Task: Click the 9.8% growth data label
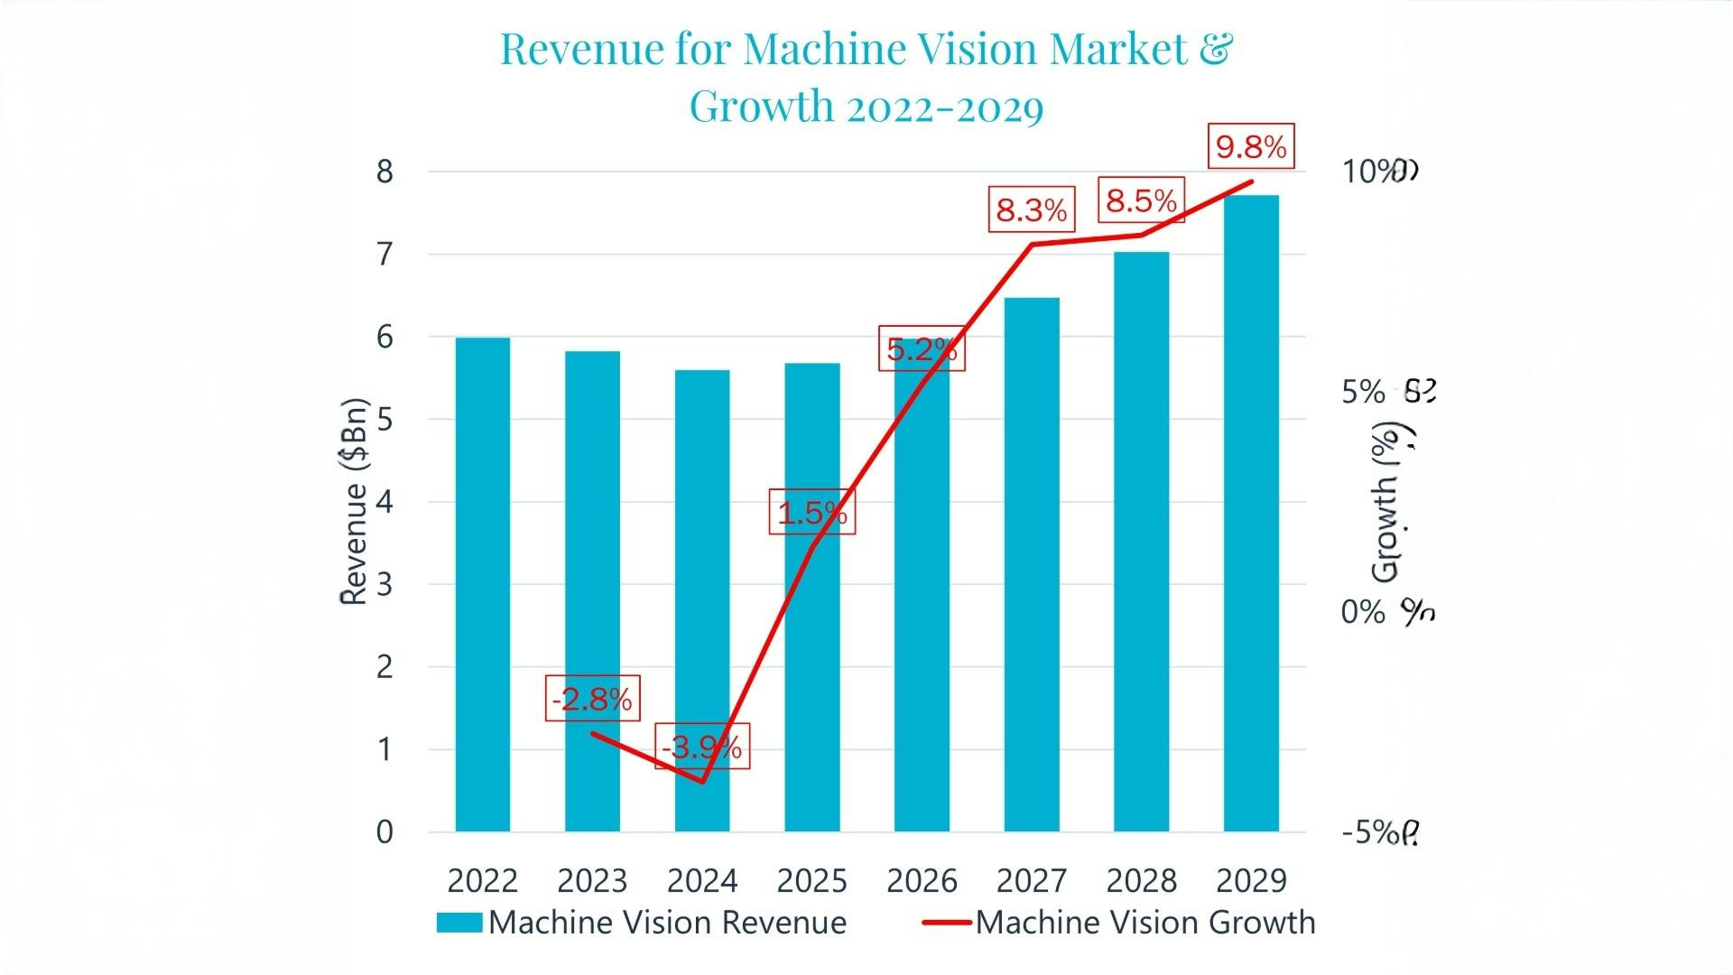click(x=1251, y=146)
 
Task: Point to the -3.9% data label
click(x=702, y=747)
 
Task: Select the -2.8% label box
click(x=593, y=699)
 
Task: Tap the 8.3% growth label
click(x=1032, y=210)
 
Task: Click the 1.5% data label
click(x=812, y=513)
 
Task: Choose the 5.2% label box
click(x=922, y=348)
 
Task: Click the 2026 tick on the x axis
click(x=922, y=880)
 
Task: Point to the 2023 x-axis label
click(x=592, y=880)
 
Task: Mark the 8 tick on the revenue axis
click(x=385, y=172)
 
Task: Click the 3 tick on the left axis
click(x=385, y=584)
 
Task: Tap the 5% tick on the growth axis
click(x=1362, y=392)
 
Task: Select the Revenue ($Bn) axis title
click(x=354, y=501)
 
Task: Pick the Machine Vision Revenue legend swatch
click(x=459, y=922)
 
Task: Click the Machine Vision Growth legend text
click(x=1145, y=922)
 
